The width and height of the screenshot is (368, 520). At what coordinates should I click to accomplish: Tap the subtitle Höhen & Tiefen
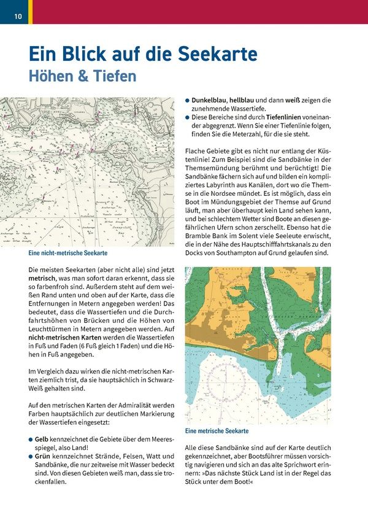[x=82, y=77]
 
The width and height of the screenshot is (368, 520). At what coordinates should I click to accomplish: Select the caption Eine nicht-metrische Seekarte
[x=68, y=253]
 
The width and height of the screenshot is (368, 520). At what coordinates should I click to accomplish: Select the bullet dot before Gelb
[x=31, y=440]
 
